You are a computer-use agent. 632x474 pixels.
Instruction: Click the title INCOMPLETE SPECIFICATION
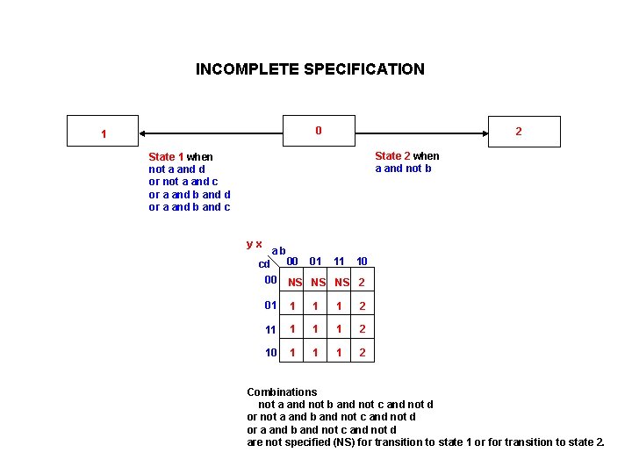[310, 69]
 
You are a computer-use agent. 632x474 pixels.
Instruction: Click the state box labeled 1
[104, 134]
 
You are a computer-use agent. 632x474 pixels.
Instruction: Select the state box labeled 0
[319, 131]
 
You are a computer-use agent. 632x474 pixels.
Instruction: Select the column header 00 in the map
[293, 261]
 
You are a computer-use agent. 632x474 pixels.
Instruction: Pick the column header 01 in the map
[316, 261]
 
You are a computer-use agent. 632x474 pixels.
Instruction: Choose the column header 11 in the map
[339, 261]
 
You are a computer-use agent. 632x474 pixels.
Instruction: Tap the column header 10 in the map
[362, 261]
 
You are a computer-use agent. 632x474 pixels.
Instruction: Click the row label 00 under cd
[270, 280]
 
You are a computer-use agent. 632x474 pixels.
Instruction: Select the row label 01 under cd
[270, 305]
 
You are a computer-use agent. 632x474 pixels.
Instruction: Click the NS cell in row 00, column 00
[295, 283]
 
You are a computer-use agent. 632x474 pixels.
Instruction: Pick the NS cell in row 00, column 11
[341, 283]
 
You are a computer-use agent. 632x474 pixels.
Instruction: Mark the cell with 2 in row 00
[361, 283]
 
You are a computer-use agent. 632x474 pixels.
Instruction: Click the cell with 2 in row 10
[361, 353]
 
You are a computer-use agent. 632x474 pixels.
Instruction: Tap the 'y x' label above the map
[254, 243]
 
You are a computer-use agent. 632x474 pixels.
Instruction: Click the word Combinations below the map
[282, 392]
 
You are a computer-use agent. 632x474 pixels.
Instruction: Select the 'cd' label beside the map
[263, 264]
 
